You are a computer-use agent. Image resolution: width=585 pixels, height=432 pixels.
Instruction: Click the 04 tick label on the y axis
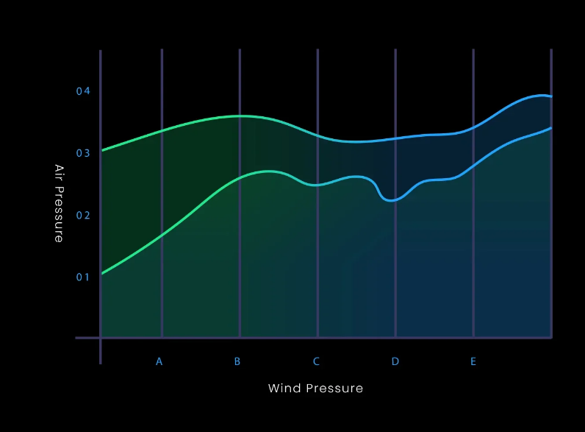point(83,91)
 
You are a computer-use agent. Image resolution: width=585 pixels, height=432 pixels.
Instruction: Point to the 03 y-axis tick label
point(83,153)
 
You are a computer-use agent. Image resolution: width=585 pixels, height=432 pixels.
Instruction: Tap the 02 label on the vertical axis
point(83,215)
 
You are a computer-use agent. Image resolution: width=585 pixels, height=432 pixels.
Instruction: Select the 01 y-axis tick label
point(83,277)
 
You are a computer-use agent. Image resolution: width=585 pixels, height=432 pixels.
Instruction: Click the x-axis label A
point(159,361)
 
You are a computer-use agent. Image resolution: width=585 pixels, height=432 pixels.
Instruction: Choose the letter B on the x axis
point(237,361)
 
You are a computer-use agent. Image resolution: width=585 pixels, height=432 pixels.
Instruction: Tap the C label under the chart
point(316,361)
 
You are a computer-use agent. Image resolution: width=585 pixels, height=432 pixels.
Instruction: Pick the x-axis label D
point(395,361)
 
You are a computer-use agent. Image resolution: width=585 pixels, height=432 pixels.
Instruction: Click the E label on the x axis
point(473,361)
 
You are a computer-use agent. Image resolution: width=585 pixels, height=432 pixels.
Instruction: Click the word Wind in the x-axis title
point(284,389)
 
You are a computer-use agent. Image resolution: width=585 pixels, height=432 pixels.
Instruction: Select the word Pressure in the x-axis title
point(334,389)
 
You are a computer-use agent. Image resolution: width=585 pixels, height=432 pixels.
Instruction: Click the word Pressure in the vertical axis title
point(59,214)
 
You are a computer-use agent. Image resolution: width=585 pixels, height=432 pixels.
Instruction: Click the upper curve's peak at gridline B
point(240,116)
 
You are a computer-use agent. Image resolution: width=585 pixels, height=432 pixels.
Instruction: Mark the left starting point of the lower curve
point(102,274)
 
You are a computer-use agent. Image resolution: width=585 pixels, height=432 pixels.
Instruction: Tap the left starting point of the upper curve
point(102,151)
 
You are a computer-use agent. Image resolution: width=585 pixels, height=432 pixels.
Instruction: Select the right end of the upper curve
point(551,96)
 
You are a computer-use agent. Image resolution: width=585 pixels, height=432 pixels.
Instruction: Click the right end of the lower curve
point(551,128)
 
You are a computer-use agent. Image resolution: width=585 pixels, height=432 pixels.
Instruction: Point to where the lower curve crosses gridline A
point(162,236)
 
